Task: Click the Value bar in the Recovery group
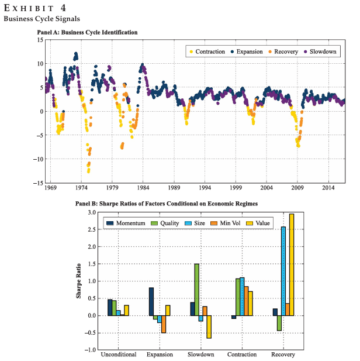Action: pyautogui.click(x=291, y=264)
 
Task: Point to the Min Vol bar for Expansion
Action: pyautogui.click(x=164, y=324)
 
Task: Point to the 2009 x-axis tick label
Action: pyautogui.click(x=297, y=189)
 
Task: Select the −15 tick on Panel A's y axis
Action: pyautogui.click(x=39, y=183)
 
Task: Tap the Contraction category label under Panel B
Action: pyautogui.click(x=241, y=355)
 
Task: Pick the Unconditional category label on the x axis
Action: pyautogui.click(x=119, y=355)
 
